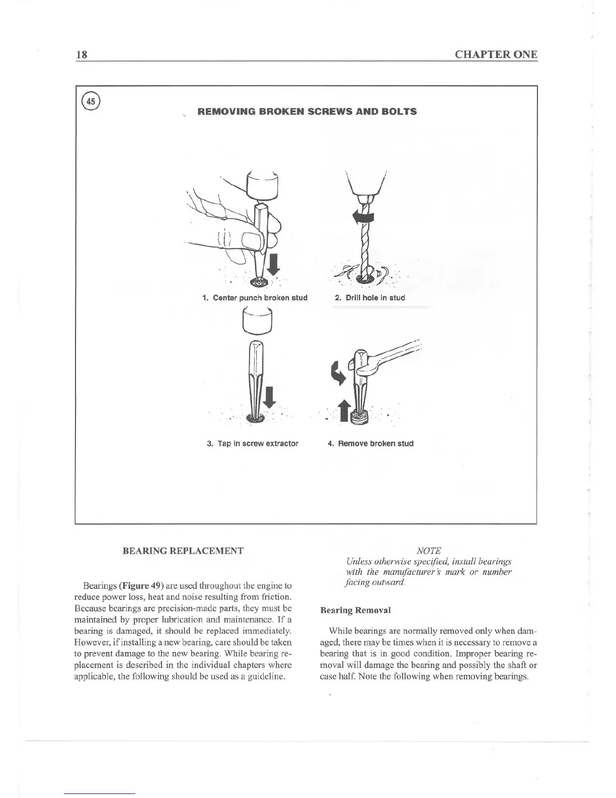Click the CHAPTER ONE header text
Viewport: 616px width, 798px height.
[496, 55]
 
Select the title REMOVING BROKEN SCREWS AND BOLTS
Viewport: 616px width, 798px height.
[307, 112]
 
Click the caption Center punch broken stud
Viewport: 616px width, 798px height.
[255, 298]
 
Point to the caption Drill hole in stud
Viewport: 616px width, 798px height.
[370, 298]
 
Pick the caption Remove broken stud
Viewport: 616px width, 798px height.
[370, 444]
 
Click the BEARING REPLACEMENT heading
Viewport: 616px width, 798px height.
[183, 551]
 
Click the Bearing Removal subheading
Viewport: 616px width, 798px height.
[355, 610]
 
